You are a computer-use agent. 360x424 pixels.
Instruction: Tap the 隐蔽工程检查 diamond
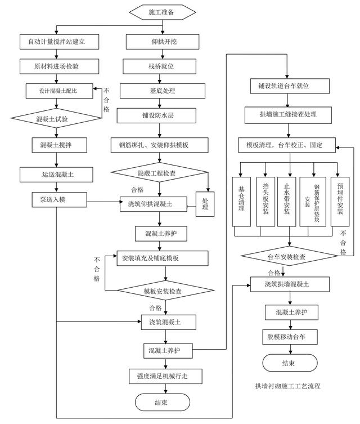[158, 173]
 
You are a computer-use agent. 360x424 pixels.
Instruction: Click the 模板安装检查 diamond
[165, 291]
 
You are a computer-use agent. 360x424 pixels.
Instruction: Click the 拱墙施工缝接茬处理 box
[288, 115]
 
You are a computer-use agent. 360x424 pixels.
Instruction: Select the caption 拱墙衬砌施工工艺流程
[287, 386]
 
